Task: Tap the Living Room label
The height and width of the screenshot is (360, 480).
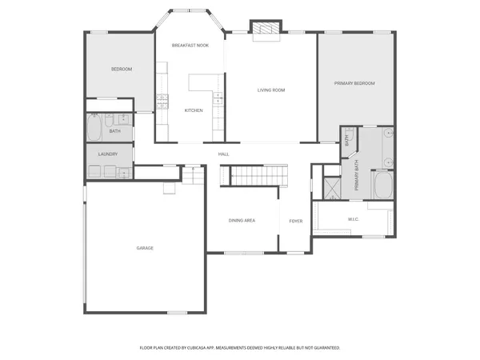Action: (x=271, y=90)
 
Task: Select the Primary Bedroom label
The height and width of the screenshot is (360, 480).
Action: (x=354, y=83)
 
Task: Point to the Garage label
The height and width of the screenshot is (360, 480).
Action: (x=145, y=248)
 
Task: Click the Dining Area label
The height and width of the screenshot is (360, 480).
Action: (x=242, y=220)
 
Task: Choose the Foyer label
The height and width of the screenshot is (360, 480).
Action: (x=295, y=220)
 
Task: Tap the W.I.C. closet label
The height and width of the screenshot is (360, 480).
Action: (x=354, y=219)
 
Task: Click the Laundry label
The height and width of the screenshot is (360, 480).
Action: (x=109, y=154)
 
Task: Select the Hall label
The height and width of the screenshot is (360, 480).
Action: (x=224, y=154)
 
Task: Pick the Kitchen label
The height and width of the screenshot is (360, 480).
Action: (x=194, y=110)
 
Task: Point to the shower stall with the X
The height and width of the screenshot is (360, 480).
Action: (x=331, y=187)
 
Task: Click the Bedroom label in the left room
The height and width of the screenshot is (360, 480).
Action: (x=122, y=70)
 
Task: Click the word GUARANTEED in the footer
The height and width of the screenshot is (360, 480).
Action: (x=324, y=348)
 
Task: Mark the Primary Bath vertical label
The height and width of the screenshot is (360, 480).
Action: (x=356, y=178)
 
